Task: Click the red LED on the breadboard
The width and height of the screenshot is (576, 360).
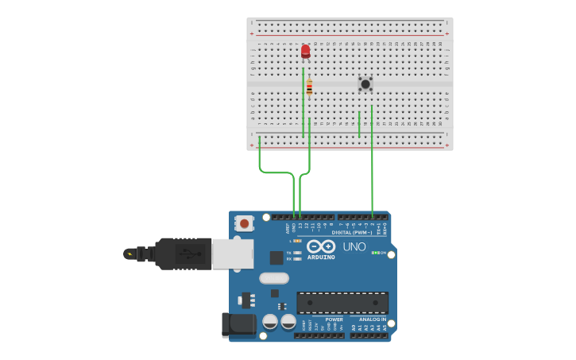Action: tap(305, 52)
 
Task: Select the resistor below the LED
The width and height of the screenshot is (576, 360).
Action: tap(309, 87)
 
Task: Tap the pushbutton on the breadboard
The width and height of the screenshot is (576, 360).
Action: tap(365, 83)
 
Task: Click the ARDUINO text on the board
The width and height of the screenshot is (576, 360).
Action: tap(321, 257)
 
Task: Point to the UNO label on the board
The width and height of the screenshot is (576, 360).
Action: tap(354, 247)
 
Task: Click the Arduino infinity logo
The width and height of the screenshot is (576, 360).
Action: tap(321, 246)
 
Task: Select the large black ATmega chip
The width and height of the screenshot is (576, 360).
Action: tap(342, 303)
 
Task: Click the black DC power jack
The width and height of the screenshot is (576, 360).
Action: tap(238, 323)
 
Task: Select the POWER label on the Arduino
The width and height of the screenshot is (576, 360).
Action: tap(334, 319)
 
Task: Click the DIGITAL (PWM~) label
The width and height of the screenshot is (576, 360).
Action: tap(352, 232)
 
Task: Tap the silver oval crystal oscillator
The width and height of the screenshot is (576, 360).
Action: tap(273, 278)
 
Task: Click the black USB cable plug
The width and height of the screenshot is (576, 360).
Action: tap(184, 254)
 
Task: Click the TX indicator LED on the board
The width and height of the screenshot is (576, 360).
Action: tap(297, 253)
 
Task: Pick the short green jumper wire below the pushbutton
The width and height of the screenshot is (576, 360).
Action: tap(359, 124)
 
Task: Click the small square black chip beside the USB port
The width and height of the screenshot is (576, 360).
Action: tap(276, 257)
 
